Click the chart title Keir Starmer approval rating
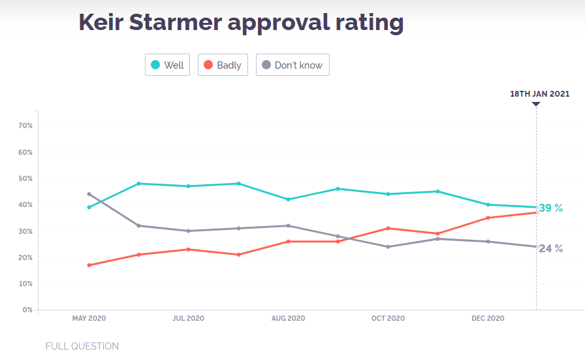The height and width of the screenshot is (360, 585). coord(241,22)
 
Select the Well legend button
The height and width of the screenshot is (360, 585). coord(167,65)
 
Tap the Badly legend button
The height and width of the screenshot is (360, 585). coord(223,65)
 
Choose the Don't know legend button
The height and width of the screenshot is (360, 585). coord(292,65)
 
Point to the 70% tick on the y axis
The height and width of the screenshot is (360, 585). coord(26,125)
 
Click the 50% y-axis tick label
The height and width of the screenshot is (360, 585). coord(26,178)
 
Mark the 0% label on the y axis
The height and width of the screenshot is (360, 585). coord(27,310)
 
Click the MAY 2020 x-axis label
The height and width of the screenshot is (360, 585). coord(89,319)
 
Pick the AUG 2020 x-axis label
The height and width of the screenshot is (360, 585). coord(288,319)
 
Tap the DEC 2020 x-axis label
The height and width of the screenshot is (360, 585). coord(488,319)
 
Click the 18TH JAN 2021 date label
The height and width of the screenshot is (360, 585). coord(539,94)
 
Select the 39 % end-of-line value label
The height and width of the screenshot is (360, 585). coord(550,208)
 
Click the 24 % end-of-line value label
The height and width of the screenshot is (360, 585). coord(550,248)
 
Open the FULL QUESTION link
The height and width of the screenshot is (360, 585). coord(82,346)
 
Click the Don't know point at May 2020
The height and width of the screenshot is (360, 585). coord(89,194)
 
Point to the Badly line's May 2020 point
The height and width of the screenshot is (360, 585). coord(89,265)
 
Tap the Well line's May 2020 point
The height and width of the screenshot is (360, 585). coord(89,207)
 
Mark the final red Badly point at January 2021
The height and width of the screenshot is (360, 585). coord(536,212)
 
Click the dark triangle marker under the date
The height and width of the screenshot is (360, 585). coord(536,104)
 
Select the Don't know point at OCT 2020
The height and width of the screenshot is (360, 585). coord(388,247)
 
